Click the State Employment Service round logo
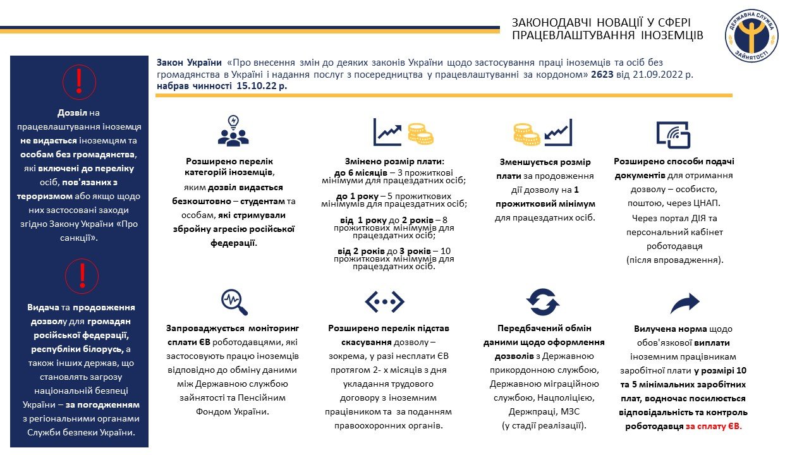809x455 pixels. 751,35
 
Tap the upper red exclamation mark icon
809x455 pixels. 79,82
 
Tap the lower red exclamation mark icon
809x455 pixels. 79,277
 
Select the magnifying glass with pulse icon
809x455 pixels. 234,301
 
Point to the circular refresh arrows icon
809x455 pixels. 543,301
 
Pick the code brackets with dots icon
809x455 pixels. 384,301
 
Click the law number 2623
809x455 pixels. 603,74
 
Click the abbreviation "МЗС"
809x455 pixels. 572,411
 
